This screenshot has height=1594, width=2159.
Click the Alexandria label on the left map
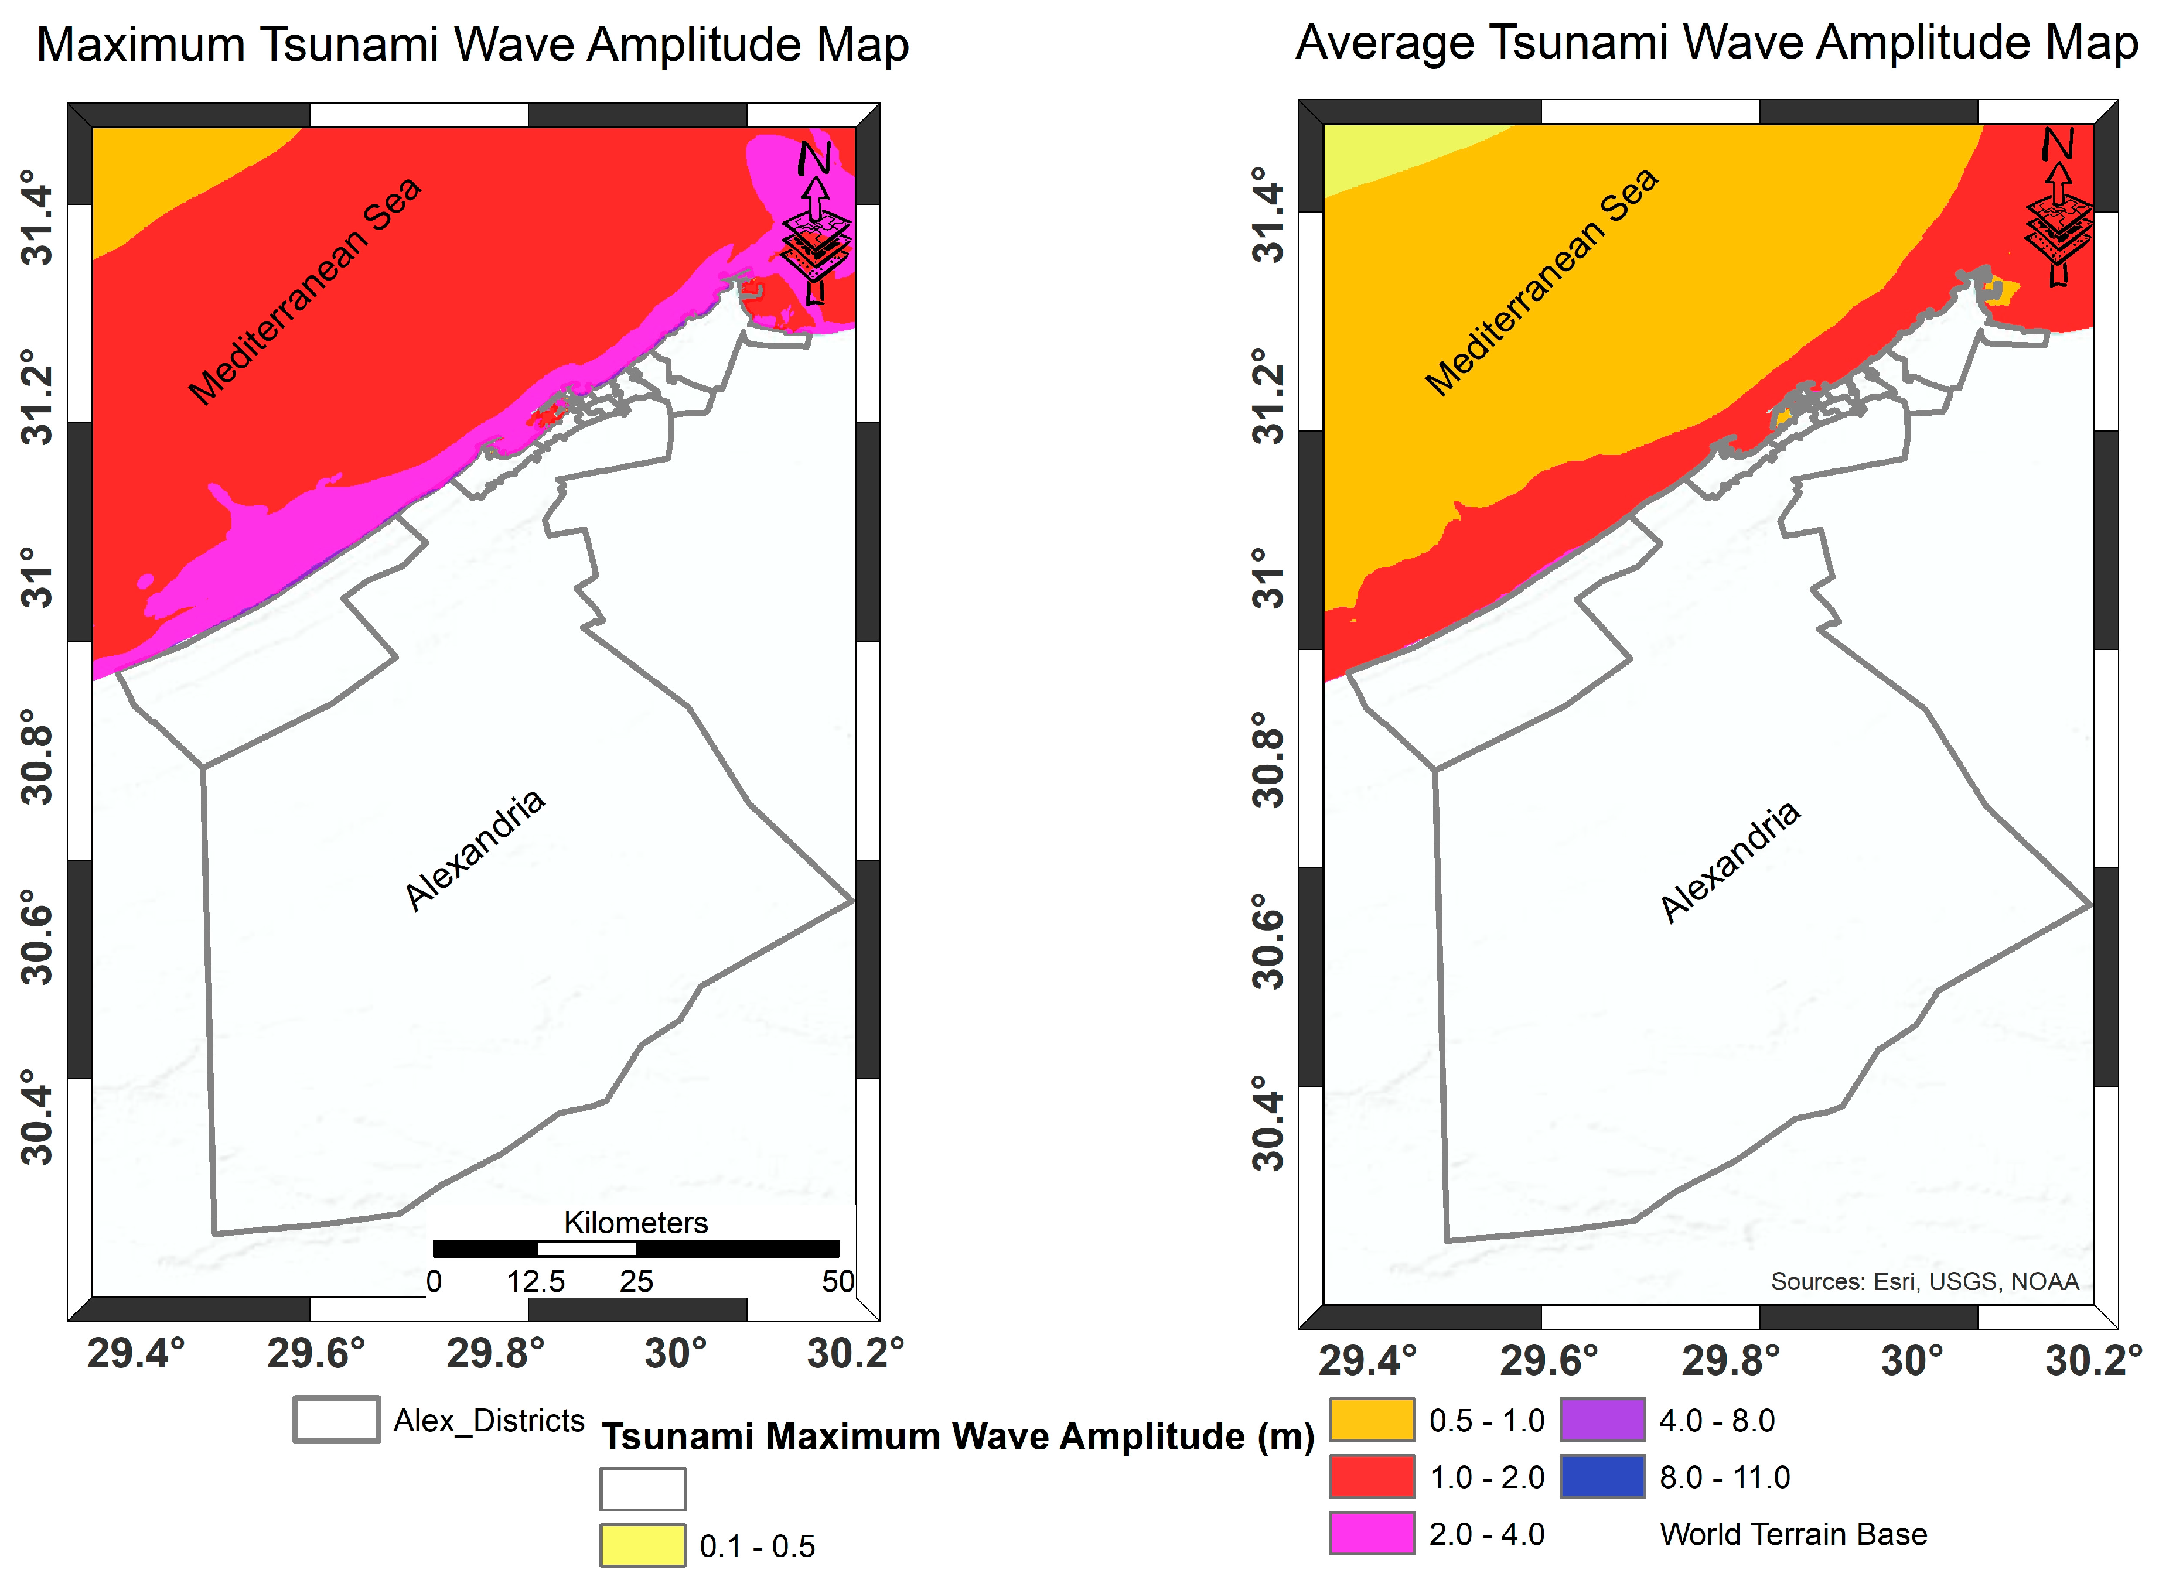475,851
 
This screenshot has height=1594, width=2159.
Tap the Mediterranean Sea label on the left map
305,292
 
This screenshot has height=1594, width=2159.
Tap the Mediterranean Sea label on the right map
1541,282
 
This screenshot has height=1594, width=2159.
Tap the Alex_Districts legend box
336,1420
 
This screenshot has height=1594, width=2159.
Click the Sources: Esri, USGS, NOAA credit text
1923,1281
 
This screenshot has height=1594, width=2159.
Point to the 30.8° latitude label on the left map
37,758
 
